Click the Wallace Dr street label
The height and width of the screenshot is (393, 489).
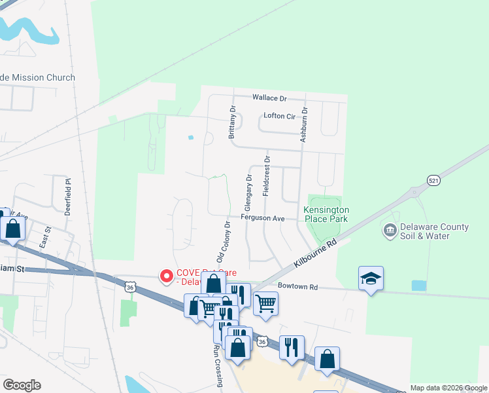coord(269,98)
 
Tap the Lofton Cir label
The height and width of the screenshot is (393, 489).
coord(280,117)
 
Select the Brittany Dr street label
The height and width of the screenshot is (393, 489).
coord(231,122)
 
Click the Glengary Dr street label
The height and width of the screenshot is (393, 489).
coord(248,191)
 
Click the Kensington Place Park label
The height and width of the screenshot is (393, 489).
coord(326,214)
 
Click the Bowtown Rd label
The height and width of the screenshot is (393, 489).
coord(297,287)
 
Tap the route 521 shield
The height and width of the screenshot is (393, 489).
coord(433,179)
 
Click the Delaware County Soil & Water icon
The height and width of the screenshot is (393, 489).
coord(390,231)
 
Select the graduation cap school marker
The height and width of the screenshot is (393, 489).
coord(371,278)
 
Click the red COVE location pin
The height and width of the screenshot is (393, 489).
coord(167,277)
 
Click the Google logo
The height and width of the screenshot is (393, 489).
coord(22,385)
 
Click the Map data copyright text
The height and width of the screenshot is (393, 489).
coord(448,388)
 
